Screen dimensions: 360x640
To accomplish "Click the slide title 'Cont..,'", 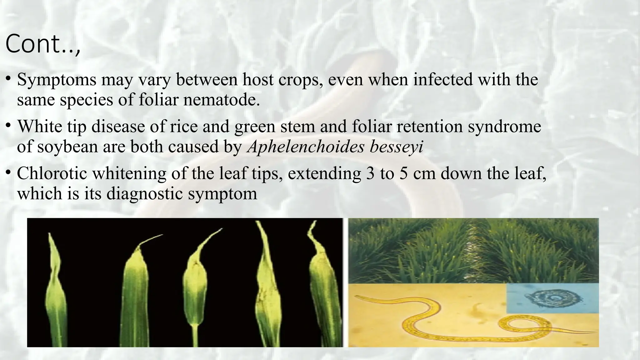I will click(43, 44).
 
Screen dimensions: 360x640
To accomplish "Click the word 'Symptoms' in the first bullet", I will click(57, 80).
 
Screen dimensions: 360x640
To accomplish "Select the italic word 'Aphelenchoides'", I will click(305, 147).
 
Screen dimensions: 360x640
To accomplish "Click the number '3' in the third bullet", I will click(370, 173).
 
